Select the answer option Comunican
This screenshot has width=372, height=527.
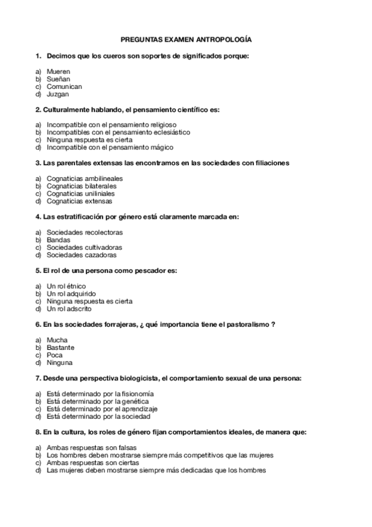pyautogui.click(x=64, y=87)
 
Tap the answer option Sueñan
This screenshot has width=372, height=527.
pyautogui.click(x=58, y=80)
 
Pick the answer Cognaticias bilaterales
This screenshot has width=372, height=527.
pyautogui.click(x=81, y=186)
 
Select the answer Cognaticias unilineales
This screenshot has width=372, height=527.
pyautogui.click(x=81, y=193)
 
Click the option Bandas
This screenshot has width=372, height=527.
pyautogui.click(x=58, y=240)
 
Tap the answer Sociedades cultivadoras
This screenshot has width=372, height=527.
pyautogui.click(x=84, y=247)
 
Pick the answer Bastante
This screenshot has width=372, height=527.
pyautogui.click(x=60, y=347)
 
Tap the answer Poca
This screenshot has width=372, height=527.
pyautogui.click(x=55, y=355)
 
